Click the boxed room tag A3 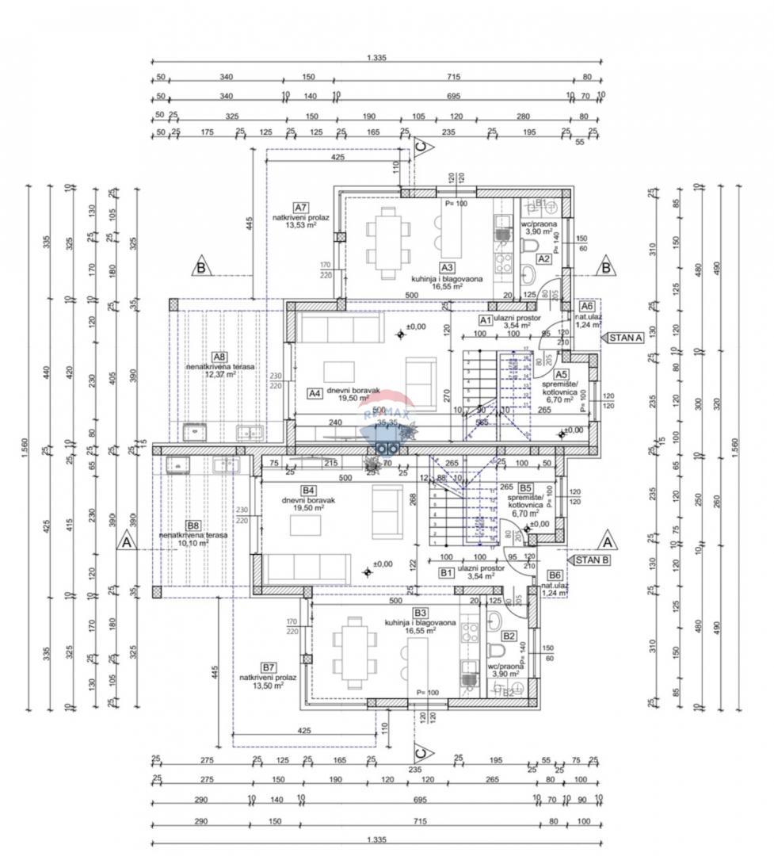[x=447, y=268]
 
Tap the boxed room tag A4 [x=315, y=392]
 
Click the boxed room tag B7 [x=269, y=667]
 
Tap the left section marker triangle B [x=201, y=268]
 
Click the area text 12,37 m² [x=222, y=375]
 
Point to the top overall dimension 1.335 [x=376, y=59]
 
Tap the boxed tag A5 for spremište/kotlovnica [x=561, y=374]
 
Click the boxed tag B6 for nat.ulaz [x=555, y=575]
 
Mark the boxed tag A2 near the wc [x=543, y=258]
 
